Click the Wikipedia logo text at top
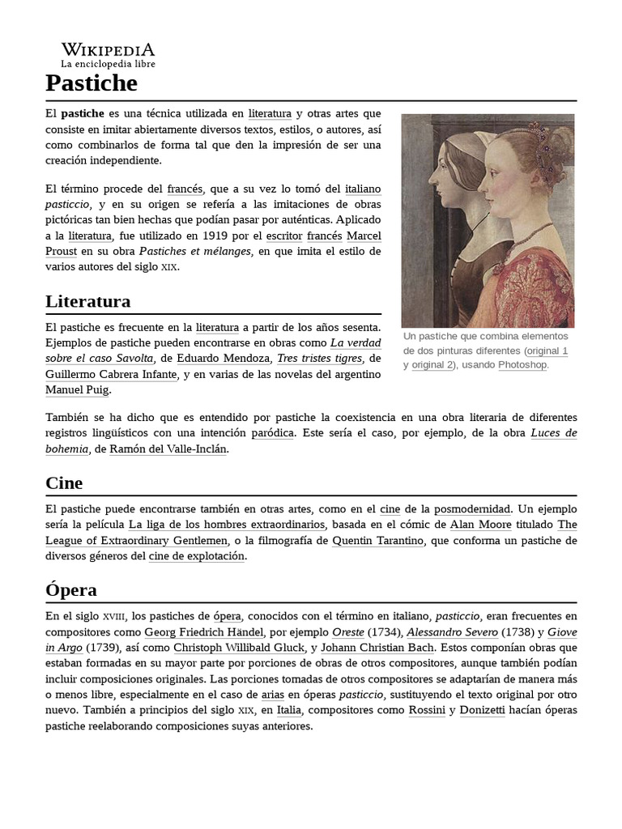108,50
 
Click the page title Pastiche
92,83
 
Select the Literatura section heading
88,302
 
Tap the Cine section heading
65,483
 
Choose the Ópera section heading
71,589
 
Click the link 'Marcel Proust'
364,236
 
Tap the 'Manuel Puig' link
76,389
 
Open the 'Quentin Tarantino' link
378,541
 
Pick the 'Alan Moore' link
480,525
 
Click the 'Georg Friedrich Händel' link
203,631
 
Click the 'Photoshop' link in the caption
522,365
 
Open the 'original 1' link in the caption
547,351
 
